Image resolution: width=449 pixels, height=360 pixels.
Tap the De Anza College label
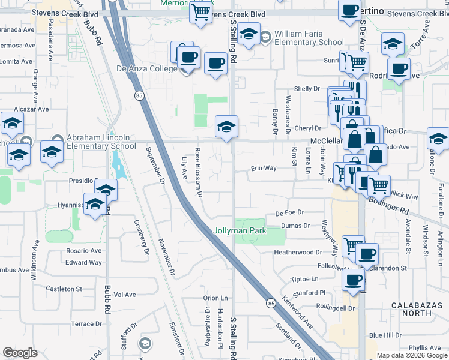pyautogui.click(x=146, y=69)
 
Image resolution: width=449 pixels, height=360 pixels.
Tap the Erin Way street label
pyautogui.click(x=264, y=168)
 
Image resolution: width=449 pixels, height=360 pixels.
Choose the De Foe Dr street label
pyautogui.click(x=290, y=212)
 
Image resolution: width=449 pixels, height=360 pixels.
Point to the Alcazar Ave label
pyautogui.click(x=31, y=109)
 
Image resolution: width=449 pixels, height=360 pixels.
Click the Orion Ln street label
pyautogui.click(x=216, y=298)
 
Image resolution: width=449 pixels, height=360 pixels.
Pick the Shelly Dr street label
pyautogui.click(x=308, y=89)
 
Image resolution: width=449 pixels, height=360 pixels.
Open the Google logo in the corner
pyautogui.click(x=20, y=353)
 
